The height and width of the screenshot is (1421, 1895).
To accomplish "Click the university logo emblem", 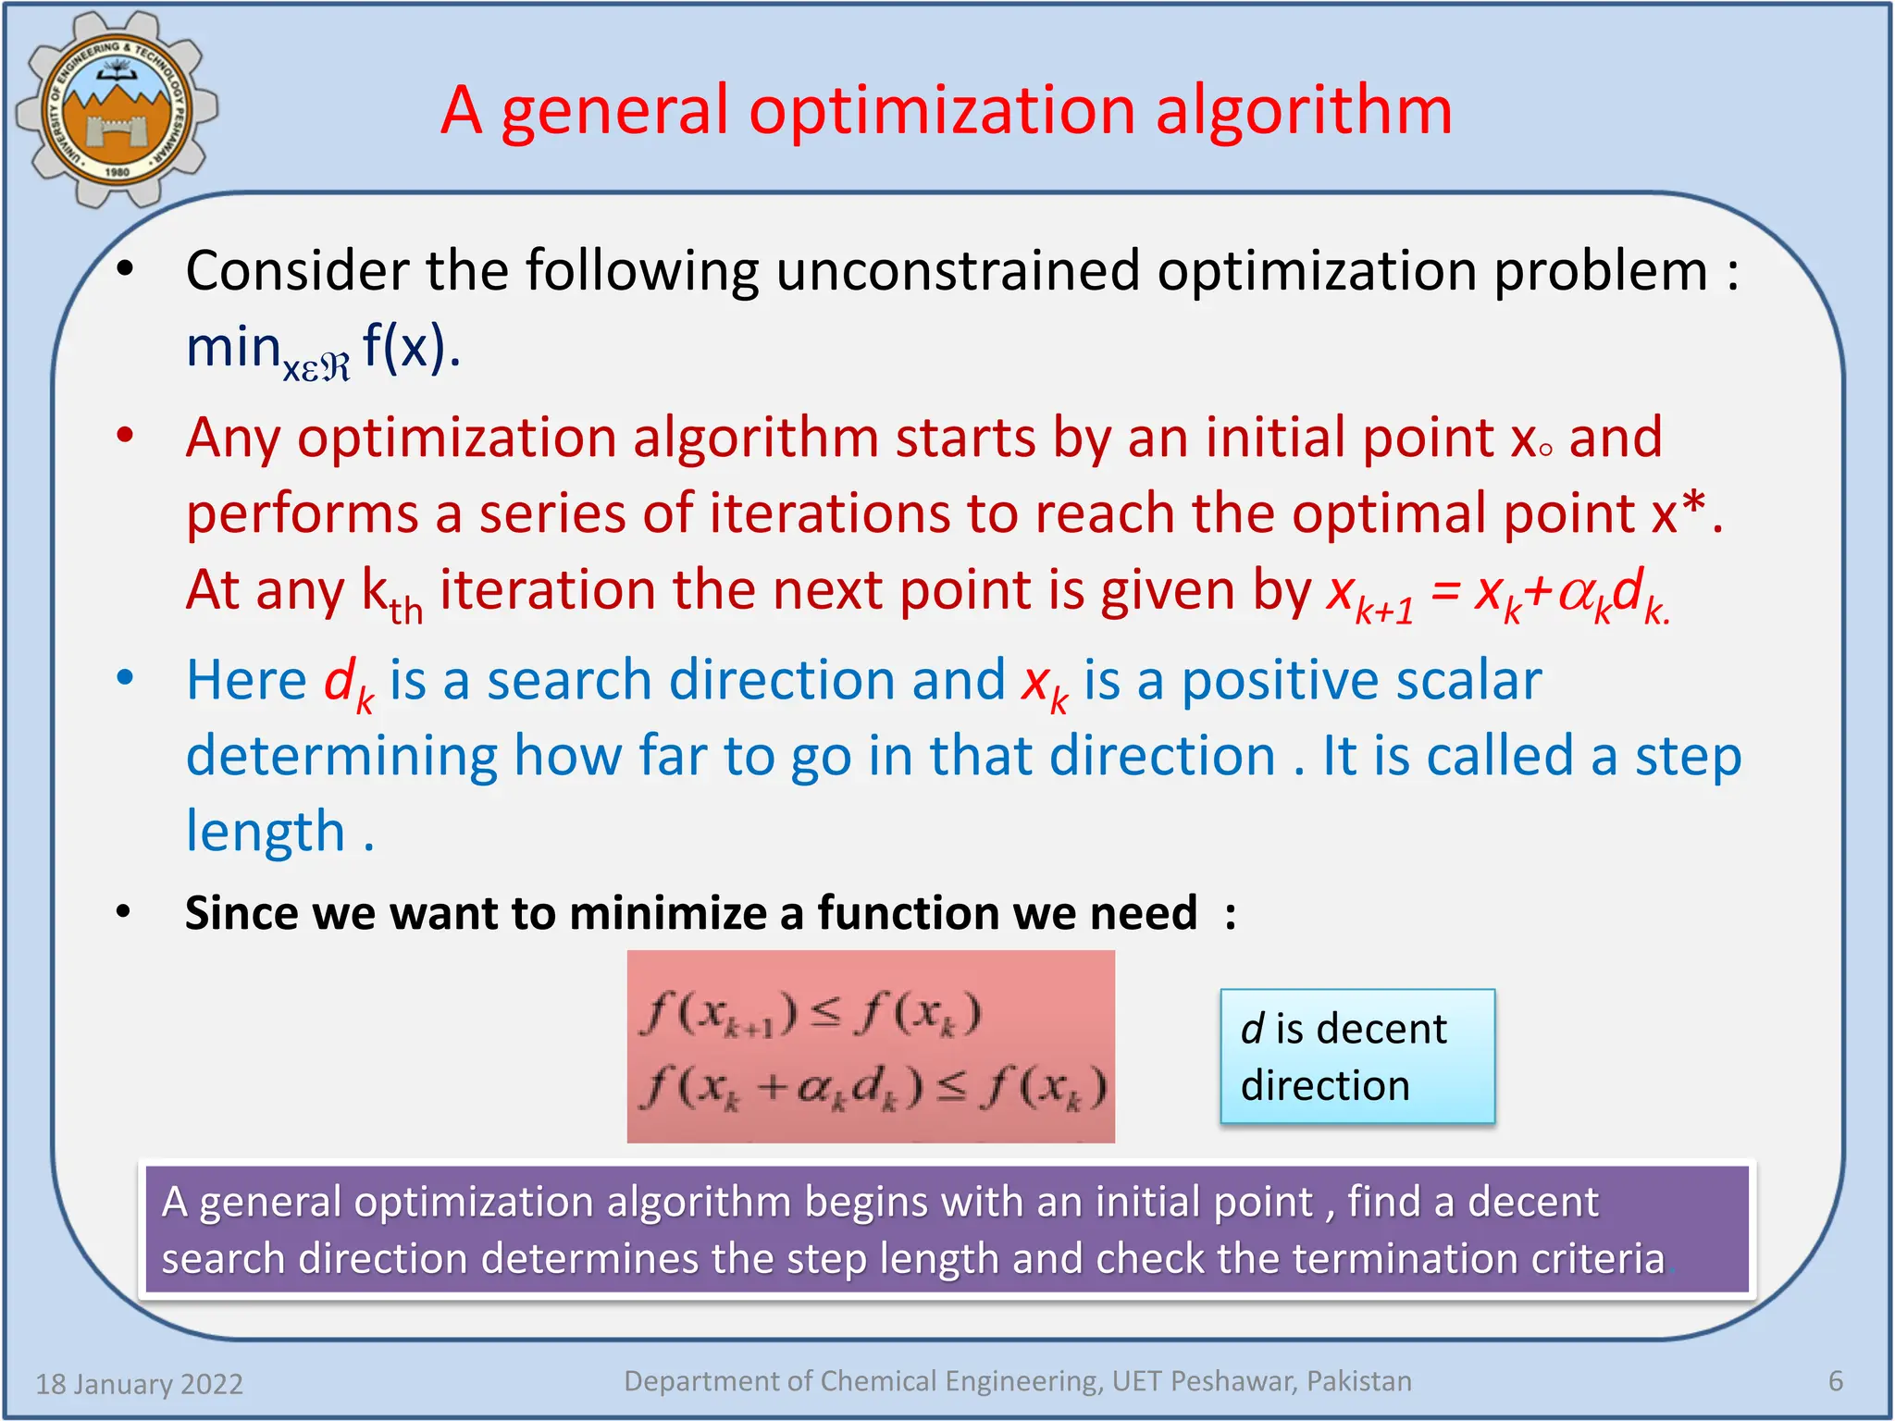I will pos(117,109).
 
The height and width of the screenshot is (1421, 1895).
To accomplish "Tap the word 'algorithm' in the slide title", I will pos(1304,111).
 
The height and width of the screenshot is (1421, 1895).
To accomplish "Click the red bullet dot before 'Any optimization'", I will pos(125,435).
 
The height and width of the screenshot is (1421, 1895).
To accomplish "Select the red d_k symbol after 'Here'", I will pos(348,683).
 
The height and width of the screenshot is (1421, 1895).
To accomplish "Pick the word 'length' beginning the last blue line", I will pos(265,831).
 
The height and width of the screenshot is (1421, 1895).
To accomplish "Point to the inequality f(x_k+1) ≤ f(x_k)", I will pos(810,1014).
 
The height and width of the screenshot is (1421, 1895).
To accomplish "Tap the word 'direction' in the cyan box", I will pos(1325,1085).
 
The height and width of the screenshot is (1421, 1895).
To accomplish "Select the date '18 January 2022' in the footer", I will pos(139,1384).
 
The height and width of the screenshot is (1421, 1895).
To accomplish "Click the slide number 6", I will pos(1836,1381).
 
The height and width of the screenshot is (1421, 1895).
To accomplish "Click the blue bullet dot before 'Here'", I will pos(125,678).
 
